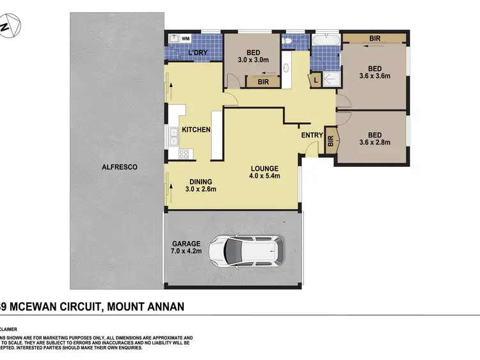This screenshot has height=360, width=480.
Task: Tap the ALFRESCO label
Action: pyautogui.click(x=120, y=167)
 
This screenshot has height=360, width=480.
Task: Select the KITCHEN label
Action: pyautogui.click(x=196, y=130)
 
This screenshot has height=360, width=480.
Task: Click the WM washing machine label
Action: pyautogui.click(x=186, y=40)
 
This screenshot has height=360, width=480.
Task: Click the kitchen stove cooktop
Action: pyautogui.click(x=184, y=153)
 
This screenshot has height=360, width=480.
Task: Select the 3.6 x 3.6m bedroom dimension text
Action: pyautogui.click(x=374, y=76)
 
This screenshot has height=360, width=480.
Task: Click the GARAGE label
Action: pyautogui.click(x=186, y=244)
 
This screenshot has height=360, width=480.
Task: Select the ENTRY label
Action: pyautogui.click(x=312, y=135)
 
